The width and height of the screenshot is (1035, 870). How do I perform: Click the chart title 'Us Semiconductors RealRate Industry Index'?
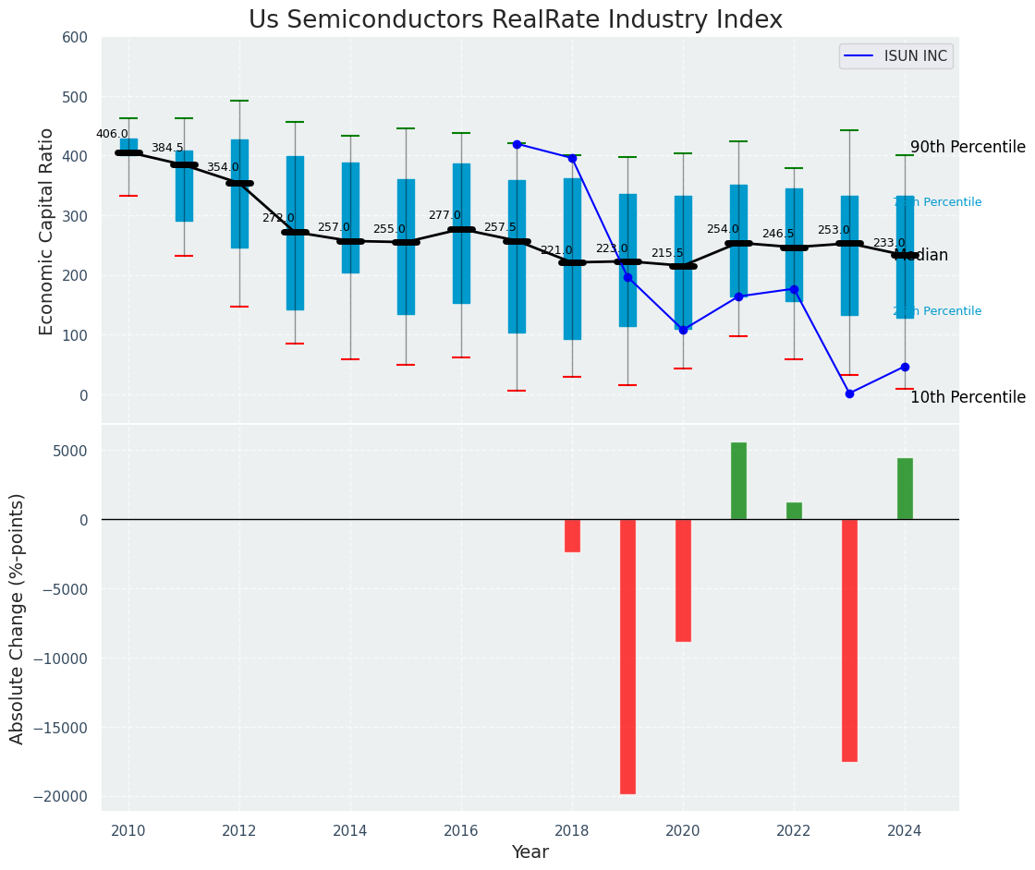pyautogui.click(x=516, y=20)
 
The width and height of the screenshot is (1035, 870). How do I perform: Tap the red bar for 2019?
pyautogui.click(x=627, y=656)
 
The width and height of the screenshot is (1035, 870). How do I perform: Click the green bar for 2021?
pyautogui.click(x=738, y=480)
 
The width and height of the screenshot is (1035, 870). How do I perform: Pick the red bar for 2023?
pyautogui.click(x=849, y=640)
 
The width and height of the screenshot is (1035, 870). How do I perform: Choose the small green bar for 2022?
pyautogui.click(x=794, y=511)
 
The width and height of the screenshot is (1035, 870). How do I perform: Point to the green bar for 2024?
pyautogui.click(x=905, y=489)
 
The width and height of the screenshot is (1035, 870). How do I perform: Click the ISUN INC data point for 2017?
pyautogui.click(x=517, y=144)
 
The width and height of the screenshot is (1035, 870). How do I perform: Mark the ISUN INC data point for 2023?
pyautogui.click(x=849, y=393)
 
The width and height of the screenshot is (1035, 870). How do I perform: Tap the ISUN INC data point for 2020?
pyautogui.click(x=683, y=330)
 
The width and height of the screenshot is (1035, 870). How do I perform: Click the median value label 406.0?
pyautogui.click(x=112, y=134)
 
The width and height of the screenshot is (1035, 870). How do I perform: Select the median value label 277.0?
pyautogui.click(x=444, y=215)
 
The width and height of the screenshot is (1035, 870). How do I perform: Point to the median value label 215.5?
pyautogui.click(x=666, y=253)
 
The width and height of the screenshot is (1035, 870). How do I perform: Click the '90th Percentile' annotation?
pyautogui.click(x=968, y=148)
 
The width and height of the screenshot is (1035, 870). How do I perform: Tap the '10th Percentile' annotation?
pyautogui.click(x=968, y=398)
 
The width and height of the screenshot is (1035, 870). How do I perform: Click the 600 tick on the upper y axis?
pyautogui.click(x=75, y=38)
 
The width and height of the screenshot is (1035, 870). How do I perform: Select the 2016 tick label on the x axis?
pyautogui.click(x=461, y=830)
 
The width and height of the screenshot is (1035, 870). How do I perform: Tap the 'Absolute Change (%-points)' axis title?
pyautogui.click(x=18, y=618)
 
